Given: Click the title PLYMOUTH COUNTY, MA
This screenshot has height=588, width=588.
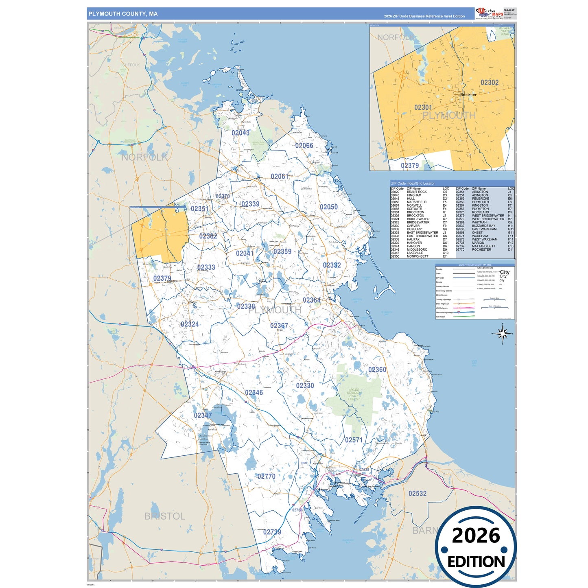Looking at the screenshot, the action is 123,14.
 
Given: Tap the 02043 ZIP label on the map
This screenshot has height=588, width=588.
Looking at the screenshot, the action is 240,133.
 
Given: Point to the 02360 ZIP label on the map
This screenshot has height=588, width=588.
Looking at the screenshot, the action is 377,369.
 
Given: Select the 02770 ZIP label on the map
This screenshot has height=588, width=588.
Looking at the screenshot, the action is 267,476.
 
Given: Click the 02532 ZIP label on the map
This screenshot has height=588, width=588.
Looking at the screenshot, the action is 418,493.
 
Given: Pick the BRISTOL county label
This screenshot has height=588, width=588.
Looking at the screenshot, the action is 164,516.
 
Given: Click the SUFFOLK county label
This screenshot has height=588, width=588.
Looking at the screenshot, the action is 131,65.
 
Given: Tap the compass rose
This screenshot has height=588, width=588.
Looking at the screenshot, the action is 503,334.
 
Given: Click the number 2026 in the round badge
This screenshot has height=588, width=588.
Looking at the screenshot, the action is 476,536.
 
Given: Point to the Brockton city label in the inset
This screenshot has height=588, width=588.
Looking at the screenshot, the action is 468,95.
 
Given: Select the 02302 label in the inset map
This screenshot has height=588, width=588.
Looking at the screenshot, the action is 490,83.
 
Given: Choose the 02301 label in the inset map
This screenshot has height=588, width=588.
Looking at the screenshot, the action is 423,107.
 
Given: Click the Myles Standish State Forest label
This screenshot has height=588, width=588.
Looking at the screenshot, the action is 354,394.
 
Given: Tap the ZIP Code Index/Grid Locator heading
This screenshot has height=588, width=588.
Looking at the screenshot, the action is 413,184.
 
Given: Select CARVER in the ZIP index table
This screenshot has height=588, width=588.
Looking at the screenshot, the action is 413,226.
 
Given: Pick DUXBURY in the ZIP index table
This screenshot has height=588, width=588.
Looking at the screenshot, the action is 414,229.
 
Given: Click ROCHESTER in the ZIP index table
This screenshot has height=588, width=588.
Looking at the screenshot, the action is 481,249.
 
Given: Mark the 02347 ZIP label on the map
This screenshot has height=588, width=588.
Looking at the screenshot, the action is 203,415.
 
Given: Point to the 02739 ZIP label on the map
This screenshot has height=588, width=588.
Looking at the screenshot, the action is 272,532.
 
